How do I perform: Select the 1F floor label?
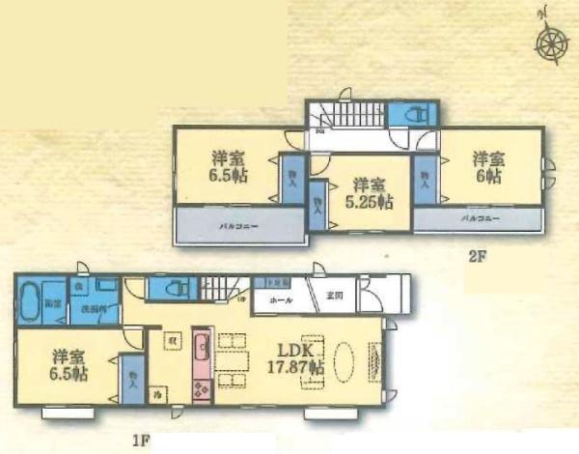141,441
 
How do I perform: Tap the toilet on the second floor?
411,113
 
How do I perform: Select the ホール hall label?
282,300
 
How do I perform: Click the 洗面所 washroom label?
93,309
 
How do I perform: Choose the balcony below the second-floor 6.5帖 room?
237,227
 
